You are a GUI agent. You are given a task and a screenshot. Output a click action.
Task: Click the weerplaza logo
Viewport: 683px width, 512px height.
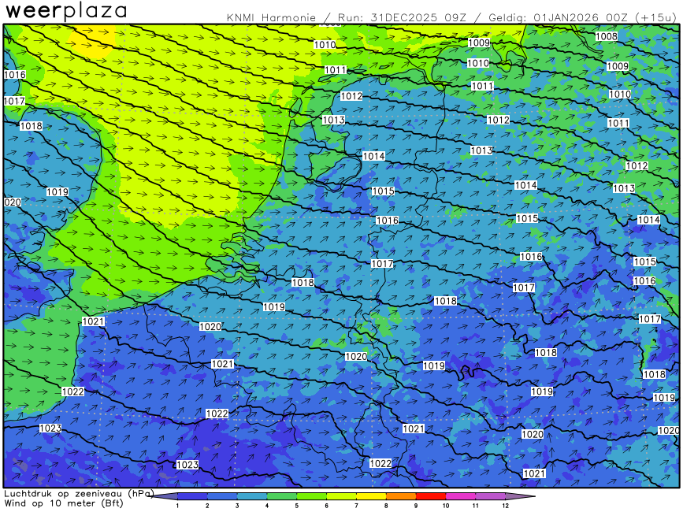[66, 11]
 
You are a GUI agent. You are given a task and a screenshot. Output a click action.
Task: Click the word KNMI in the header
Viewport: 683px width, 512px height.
[239, 17]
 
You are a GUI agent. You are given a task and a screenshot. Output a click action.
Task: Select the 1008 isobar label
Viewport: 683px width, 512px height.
[606, 36]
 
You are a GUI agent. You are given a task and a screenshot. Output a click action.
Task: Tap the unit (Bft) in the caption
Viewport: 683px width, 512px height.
[110, 503]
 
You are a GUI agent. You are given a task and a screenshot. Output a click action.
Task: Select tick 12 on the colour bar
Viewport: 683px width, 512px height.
[505, 505]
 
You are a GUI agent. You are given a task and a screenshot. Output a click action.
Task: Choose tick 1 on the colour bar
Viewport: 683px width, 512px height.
[178, 505]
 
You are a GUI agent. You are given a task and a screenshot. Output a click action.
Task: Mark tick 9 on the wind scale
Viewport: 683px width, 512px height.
[416, 505]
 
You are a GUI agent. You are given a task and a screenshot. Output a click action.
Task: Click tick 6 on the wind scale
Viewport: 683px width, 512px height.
[327, 505]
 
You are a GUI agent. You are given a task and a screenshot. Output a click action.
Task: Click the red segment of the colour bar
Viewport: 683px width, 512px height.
[431, 496]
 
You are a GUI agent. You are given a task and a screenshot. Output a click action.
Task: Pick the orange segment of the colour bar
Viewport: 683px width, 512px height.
[401, 496]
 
